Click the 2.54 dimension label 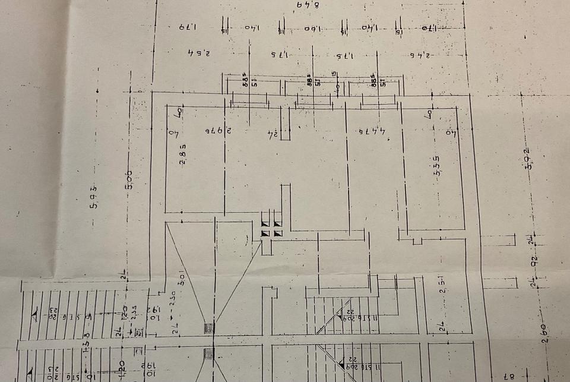198,53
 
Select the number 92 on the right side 534,260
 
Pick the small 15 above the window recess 335,74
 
